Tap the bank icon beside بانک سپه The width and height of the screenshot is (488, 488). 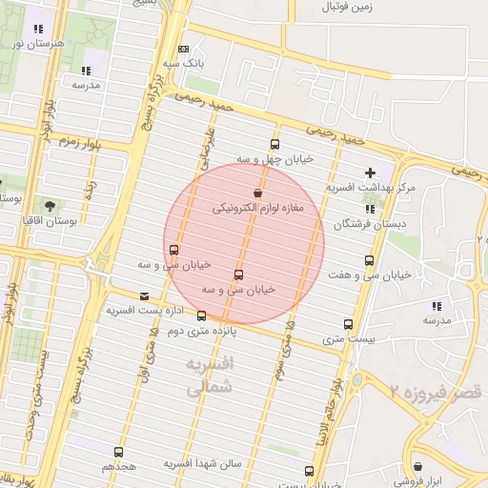tap(183, 49)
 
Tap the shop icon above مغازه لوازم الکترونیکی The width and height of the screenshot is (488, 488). tap(257, 192)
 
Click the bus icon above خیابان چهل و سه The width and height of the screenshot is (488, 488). tap(274, 144)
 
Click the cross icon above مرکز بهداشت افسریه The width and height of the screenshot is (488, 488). tap(370, 173)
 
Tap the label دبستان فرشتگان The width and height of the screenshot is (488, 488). tap(369, 225)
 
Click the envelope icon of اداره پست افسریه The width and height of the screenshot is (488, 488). tap(144, 296)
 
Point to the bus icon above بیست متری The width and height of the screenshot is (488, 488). tap(348, 324)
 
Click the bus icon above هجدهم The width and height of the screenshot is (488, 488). tap(119, 452)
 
